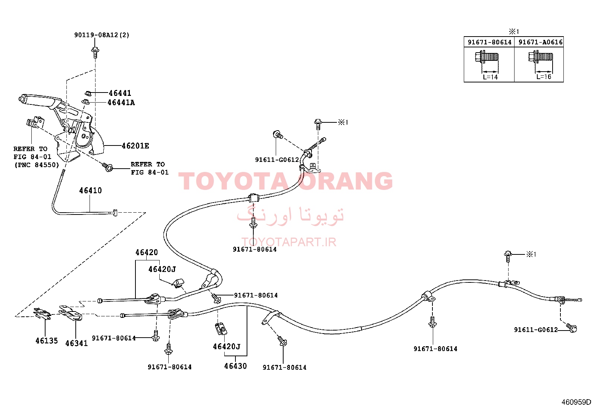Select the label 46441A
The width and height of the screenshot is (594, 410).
pos(121,102)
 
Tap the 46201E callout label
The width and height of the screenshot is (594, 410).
pos(135,146)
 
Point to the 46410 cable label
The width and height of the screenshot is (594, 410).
pos(90,190)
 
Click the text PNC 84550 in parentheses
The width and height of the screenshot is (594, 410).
pos(37,165)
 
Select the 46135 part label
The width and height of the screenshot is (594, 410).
pos(47,341)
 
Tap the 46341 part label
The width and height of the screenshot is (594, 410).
pos(76,343)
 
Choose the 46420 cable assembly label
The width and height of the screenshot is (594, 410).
pos(147,252)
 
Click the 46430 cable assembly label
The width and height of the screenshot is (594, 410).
pos(235,366)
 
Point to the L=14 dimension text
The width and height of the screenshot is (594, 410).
pos(490,77)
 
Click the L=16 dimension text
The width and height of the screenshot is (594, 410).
pos(544,76)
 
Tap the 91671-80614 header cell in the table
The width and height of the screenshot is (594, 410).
pos(490,42)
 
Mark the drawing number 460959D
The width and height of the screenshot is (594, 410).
pos(576,402)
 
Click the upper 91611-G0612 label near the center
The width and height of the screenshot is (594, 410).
pos(277,160)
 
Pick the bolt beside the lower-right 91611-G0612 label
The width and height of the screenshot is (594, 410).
pos(572,328)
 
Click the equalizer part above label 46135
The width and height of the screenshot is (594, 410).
pos(43,314)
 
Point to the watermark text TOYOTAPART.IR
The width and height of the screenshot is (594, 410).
pos(289,242)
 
